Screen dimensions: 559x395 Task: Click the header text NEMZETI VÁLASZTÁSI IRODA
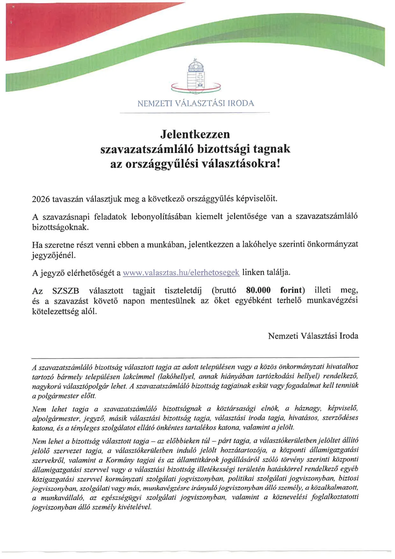point(196,103)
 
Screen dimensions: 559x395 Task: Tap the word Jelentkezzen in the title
point(195,134)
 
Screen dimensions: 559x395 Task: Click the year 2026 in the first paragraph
point(41,199)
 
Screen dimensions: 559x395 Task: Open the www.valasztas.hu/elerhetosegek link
point(181,272)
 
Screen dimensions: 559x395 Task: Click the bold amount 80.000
point(258,290)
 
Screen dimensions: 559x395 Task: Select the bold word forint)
point(292,290)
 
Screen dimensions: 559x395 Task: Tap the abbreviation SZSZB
point(66,291)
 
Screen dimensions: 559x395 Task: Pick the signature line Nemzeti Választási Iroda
point(313,336)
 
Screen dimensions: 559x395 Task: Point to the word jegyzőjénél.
point(54,255)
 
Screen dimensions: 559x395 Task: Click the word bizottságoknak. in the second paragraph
point(61,227)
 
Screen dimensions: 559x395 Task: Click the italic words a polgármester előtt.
point(64,396)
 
